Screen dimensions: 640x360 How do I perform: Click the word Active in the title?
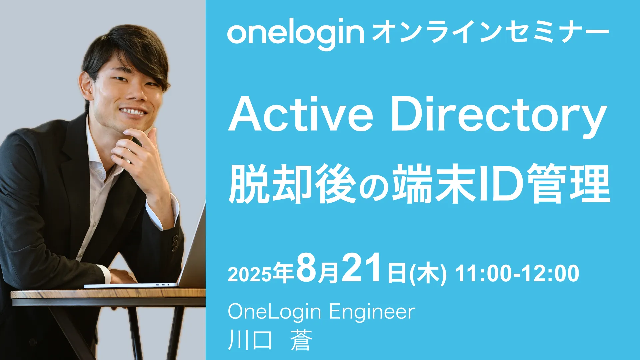(301, 114)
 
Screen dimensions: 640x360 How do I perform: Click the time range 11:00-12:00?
(517, 274)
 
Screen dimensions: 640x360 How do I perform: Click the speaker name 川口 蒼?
(270, 340)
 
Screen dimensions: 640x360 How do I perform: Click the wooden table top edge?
(108, 294)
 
